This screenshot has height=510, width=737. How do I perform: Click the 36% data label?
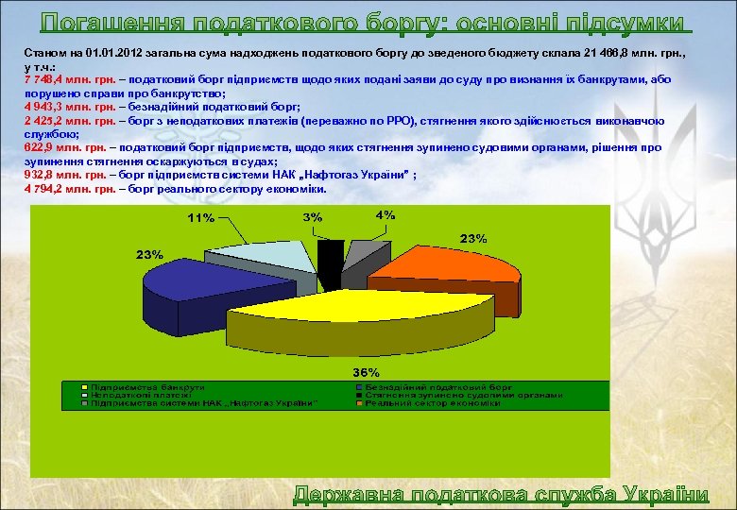(x=366, y=371)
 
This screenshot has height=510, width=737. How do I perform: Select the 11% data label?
(x=199, y=218)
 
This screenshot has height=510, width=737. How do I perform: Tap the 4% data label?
(x=385, y=215)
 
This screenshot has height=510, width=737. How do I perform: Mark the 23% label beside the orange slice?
(x=472, y=238)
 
